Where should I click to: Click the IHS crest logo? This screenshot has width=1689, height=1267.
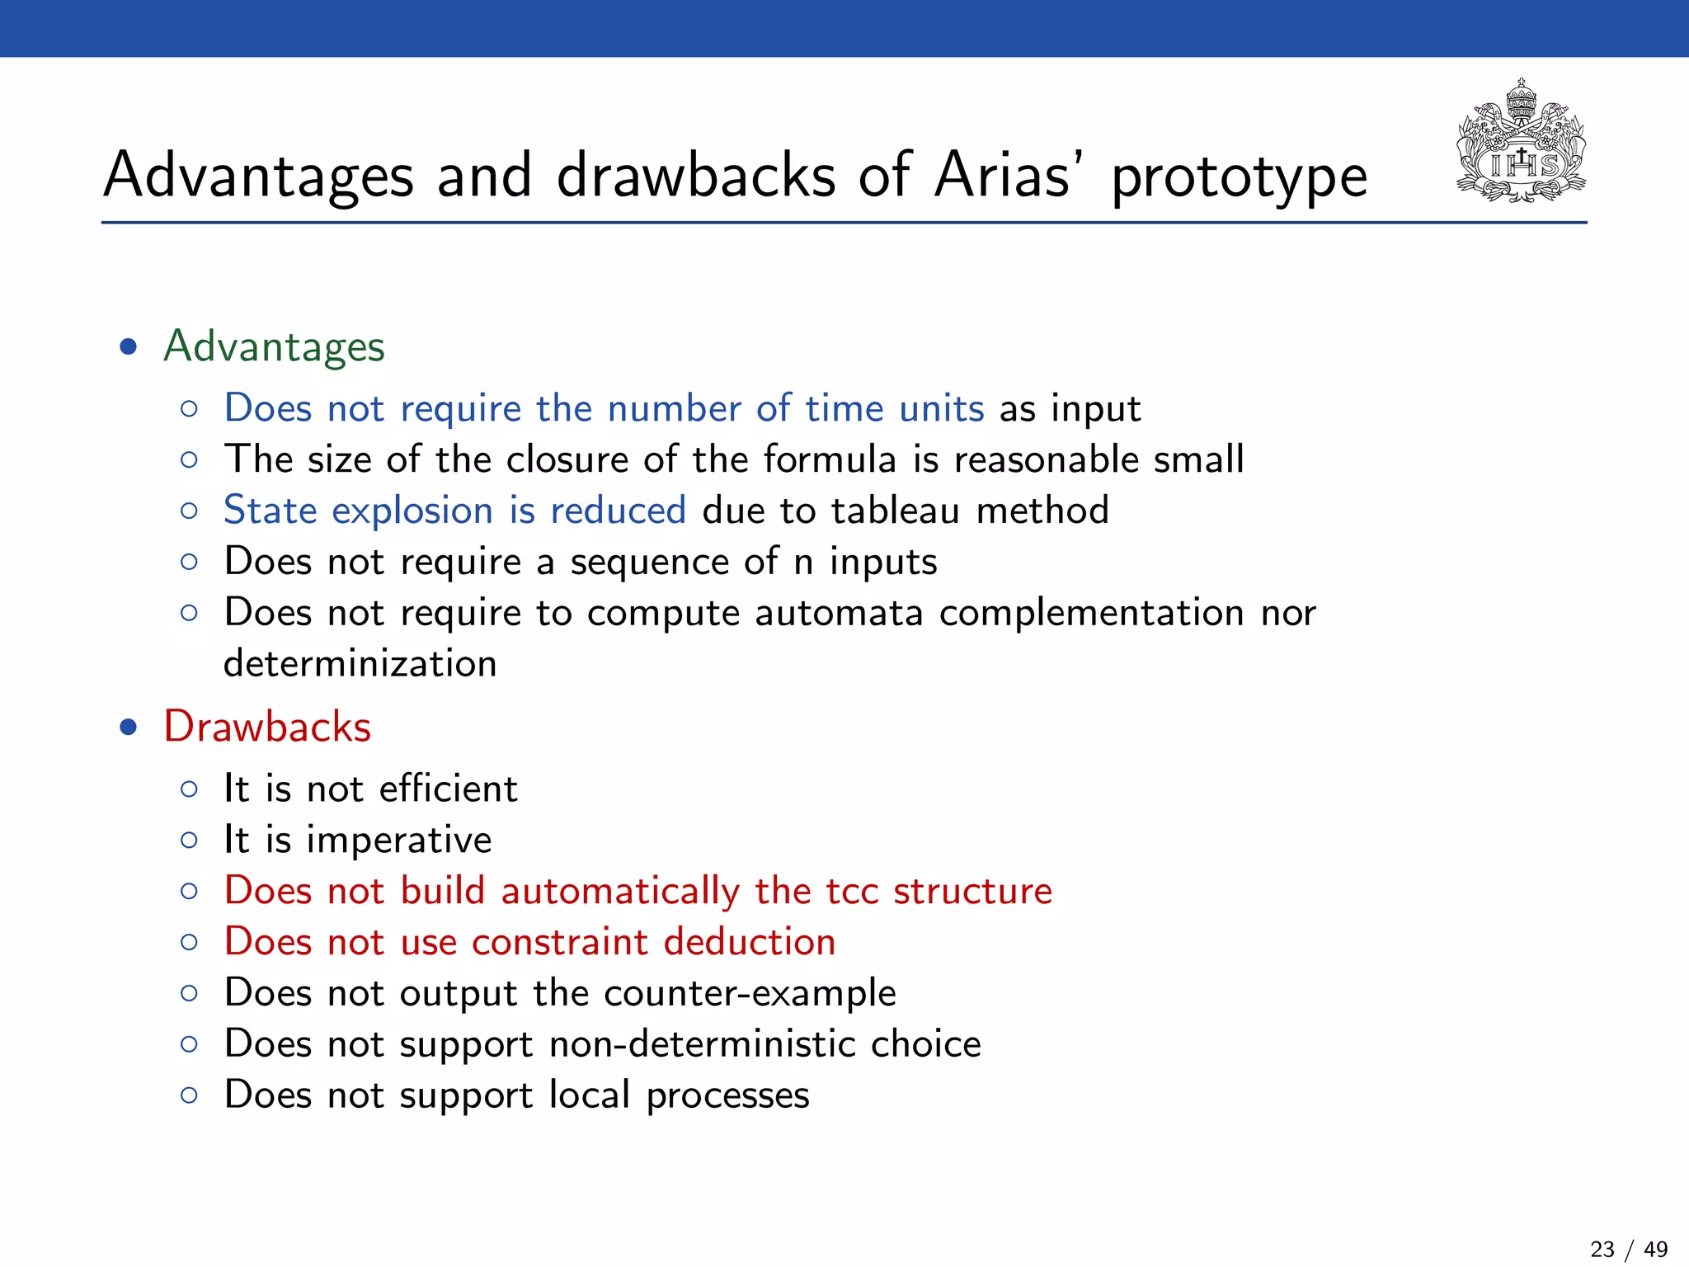point(1521,143)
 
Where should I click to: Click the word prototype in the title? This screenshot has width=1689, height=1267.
point(1239,177)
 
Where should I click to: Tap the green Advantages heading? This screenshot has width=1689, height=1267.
point(274,346)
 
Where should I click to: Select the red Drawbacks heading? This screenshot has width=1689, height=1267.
point(267,728)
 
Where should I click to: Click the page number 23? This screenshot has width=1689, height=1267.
point(1602,1250)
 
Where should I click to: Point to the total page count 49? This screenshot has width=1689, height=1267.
point(1655,1250)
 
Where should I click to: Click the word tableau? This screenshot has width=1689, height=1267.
point(896,511)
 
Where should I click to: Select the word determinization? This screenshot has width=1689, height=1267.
point(360,664)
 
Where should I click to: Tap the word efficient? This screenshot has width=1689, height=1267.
point(449,789)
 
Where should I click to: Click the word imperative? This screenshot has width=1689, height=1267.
point(399,841)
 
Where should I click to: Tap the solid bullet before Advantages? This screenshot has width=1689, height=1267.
point(128,346)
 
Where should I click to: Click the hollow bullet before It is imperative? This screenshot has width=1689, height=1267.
point(189,841)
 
